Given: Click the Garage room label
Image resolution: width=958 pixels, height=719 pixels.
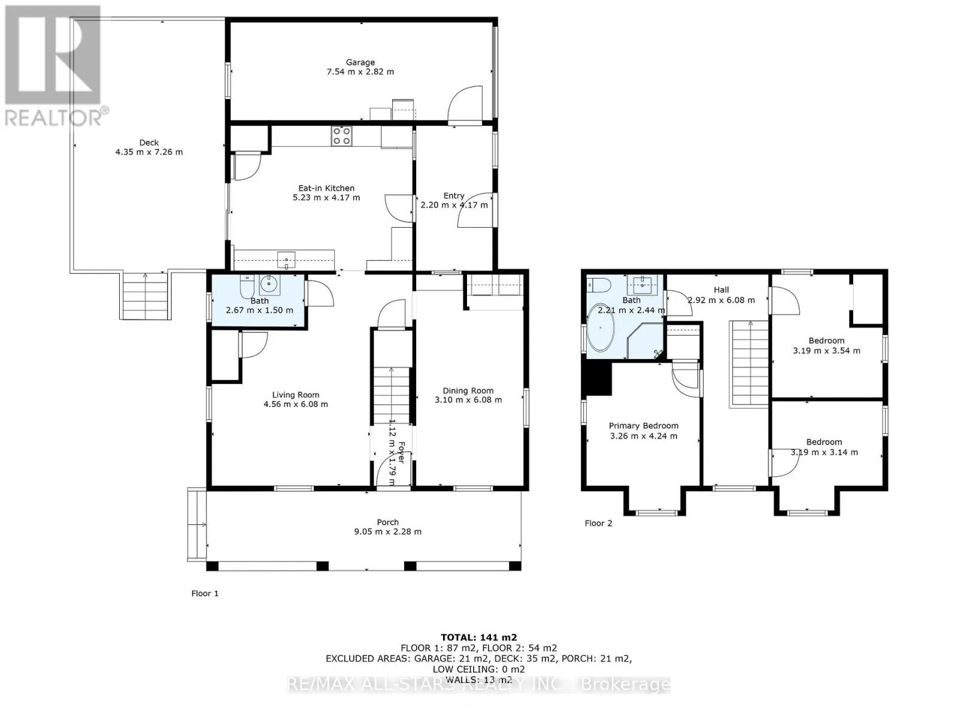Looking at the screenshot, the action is pos(360,62).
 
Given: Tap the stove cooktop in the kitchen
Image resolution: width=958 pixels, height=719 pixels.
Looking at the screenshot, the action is pos(341,135).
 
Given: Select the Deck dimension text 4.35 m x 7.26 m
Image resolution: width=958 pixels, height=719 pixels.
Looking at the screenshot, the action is pos(149,152).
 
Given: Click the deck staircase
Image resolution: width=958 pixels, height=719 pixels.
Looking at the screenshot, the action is pos(145,295).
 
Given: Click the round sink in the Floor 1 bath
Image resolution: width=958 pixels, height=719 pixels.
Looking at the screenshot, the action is pos(269,285).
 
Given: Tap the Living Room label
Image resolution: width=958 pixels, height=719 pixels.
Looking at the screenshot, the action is pos(295,395).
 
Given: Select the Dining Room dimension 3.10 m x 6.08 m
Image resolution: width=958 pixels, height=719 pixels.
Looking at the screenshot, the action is pos(468,400).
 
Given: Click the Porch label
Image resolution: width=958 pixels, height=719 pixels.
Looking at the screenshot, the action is pos(387,522).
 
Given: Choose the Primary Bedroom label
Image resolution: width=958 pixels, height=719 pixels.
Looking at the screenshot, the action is pos(643,425).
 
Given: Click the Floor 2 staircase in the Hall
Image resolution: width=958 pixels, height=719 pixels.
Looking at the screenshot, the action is pos(750,364).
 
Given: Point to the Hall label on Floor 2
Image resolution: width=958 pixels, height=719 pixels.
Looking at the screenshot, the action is pos(721,290).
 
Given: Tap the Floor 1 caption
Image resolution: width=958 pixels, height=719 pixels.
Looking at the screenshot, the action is pos(205,593).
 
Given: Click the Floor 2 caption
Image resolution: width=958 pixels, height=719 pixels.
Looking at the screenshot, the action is pos(598,523).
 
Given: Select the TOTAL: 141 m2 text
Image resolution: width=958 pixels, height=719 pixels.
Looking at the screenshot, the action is pos(479,638).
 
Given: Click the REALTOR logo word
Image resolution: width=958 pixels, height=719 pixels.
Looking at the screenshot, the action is pos(53,118).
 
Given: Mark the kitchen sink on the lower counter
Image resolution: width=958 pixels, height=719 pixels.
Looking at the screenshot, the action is pos(286,260).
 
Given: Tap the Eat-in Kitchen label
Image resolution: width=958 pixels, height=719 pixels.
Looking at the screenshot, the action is pos(326,188).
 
